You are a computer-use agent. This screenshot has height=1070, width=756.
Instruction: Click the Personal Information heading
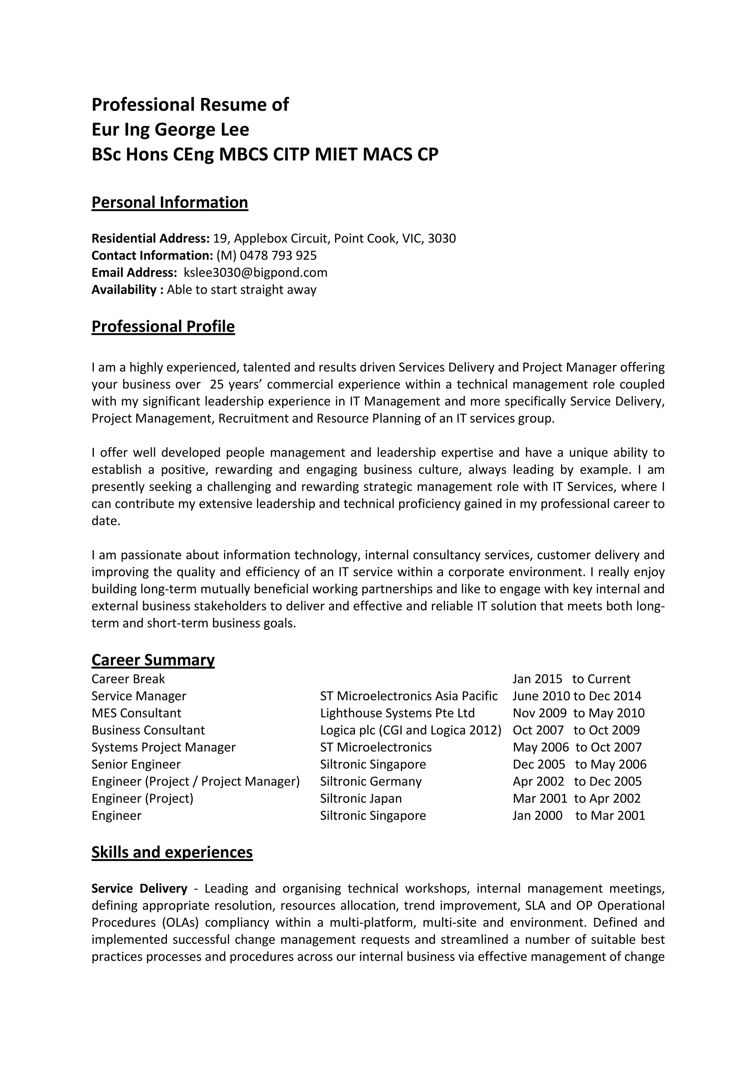169,202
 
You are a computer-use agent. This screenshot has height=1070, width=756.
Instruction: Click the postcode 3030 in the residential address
441,239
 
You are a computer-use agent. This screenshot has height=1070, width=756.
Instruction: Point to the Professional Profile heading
163,326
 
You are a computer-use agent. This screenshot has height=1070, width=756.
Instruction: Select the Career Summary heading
153,659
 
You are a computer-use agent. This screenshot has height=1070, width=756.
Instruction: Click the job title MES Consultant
136,713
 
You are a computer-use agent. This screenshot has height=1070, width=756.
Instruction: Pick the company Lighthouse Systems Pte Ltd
397,713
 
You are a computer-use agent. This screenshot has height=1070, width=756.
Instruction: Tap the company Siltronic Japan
361,798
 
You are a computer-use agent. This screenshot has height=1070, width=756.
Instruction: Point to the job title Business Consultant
148,730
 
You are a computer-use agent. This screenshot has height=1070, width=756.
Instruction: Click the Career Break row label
128,679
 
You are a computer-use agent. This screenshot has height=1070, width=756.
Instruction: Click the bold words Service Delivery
139,888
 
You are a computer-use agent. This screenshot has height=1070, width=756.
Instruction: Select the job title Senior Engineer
136,764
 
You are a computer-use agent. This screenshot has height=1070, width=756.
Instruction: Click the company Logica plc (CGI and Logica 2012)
410,730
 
